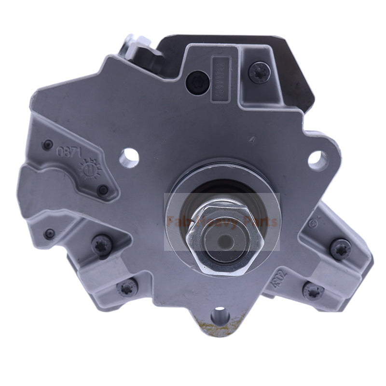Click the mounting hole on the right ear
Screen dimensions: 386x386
[x=317, y=160]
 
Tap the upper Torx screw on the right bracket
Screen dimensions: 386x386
[x=341, y=249]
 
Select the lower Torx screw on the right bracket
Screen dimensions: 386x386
[x=313, y=291]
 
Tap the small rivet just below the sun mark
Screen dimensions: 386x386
[x=102, y=190]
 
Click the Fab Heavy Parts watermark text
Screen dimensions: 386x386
[x=222, y=222]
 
